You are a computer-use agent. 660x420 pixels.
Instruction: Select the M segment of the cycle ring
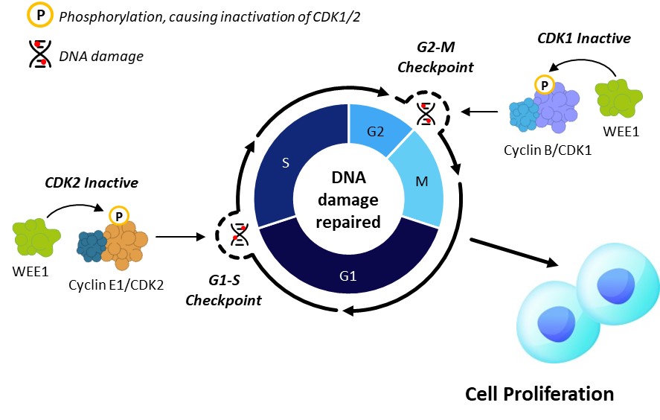[421, 183]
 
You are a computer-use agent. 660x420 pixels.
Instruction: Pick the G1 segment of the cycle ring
[348, 276]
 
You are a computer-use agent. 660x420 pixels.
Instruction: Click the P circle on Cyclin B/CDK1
[545, 86]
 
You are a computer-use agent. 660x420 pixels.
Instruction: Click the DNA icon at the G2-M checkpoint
[425, 112]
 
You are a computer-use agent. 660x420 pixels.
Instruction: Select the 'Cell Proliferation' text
[539, 393]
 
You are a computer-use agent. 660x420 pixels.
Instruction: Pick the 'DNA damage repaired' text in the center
[348, 200]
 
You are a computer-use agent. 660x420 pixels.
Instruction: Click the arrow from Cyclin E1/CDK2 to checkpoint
[181, 238]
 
